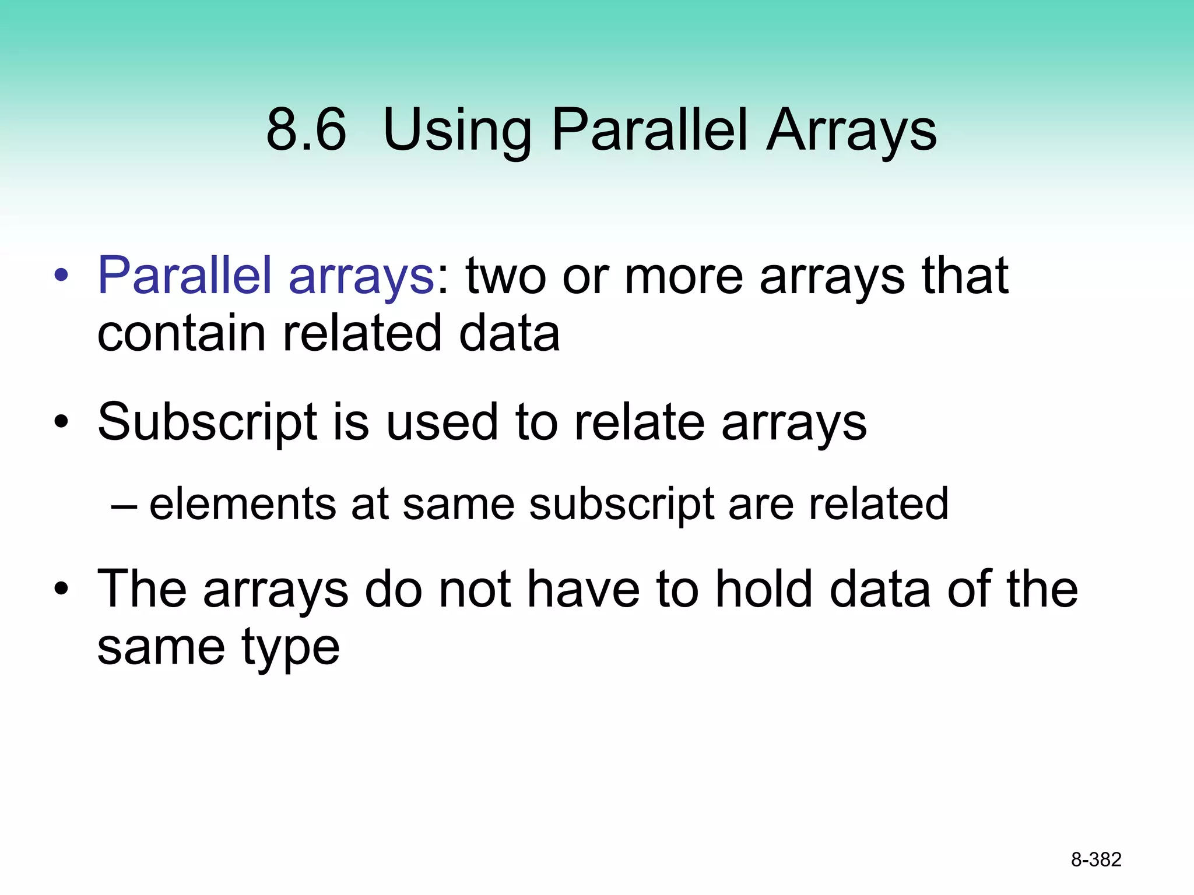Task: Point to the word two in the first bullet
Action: [x=505, y=276]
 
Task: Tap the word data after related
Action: [x=509, y=334]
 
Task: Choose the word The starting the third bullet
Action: [x=142, y=590]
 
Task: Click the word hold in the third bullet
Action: [x=764, y=590]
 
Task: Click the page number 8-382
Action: [x=1096, y=859]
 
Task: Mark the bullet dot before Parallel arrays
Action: [x=61, y=276]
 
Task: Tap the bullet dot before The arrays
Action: [x=61, y=590]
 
